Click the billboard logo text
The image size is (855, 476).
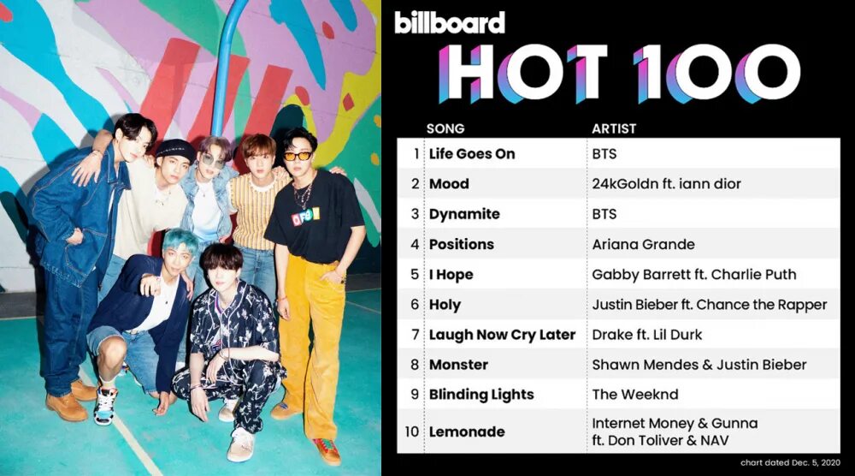tap(450, 22)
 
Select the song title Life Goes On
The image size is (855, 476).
tap(472, 154)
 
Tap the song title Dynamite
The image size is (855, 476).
tap(464, 214)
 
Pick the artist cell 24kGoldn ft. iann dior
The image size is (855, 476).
tap(666, 184)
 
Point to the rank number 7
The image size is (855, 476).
tap(416, 334)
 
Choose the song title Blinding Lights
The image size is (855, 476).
tap(481, 395)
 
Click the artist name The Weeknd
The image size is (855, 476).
tap(635, 395)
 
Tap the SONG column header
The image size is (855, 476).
tap(445, 129)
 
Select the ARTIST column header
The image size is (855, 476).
tap(614, 129)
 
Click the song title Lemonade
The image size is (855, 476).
tap(467, 431)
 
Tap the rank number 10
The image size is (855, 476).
tap(412, 431)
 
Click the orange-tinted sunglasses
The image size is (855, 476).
tap(298, 156)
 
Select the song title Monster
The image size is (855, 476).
tap(458, 365)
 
